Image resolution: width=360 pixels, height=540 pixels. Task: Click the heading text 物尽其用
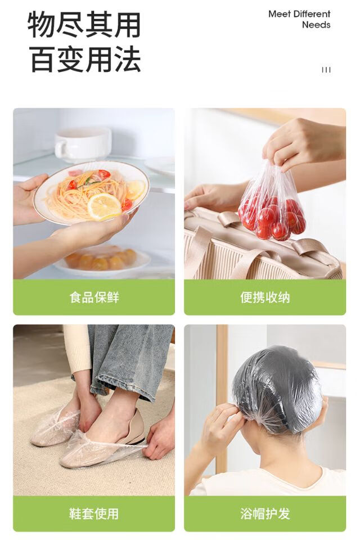click(84, 25)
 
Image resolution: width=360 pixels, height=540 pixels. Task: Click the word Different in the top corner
click(312, 14)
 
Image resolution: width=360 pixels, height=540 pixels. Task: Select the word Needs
click(316, 25)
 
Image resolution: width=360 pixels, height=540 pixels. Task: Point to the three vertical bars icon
click(326, 70)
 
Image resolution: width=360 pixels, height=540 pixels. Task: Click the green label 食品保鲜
click(94, 297)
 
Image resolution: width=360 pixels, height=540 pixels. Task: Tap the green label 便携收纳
click(265, 297)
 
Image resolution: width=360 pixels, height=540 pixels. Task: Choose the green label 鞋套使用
click(94, 514)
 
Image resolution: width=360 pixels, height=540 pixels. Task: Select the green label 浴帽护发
click(265, 514)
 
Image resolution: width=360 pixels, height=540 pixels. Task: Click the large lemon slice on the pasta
click(104, 206)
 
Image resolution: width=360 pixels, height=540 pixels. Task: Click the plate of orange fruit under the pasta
click(102, 260)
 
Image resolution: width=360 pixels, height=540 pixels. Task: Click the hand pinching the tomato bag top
click(303, 143)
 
